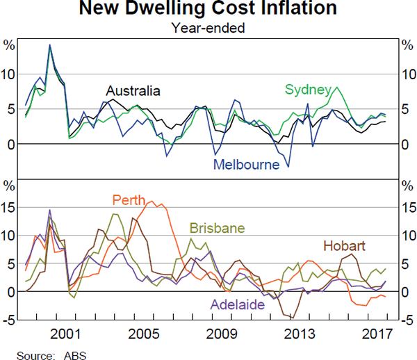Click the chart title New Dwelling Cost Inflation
click(208, 10)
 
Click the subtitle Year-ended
click(208, 28)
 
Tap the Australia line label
click(133, 91)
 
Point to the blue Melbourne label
click(246, 165)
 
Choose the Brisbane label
click(216, 228)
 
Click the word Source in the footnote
click(33, 353)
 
